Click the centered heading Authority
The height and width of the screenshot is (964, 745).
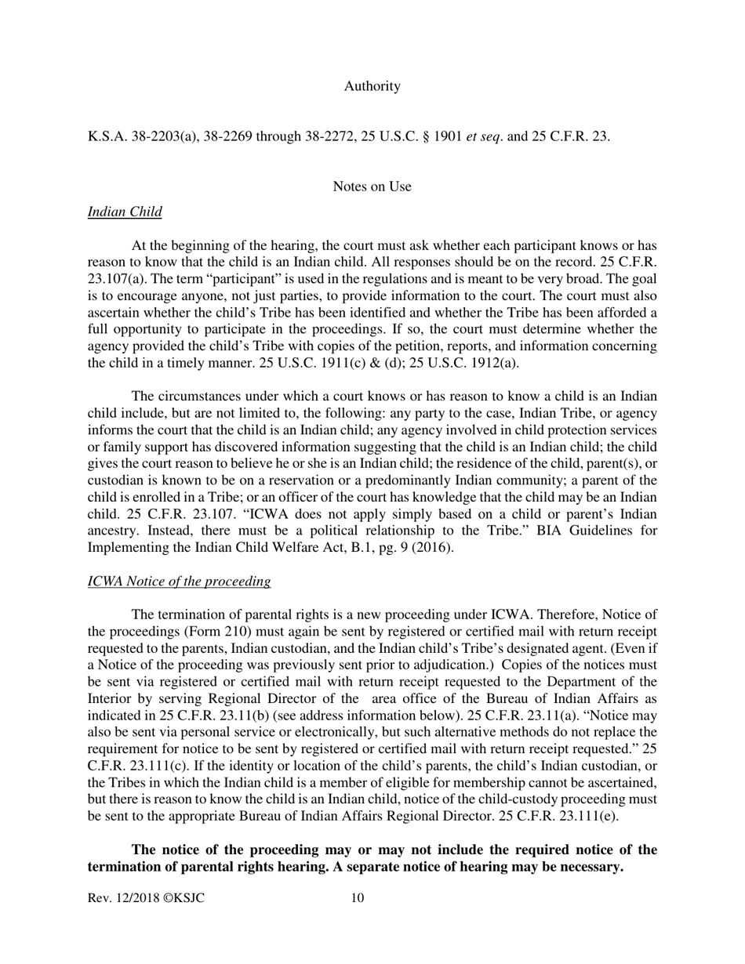click(372, 86)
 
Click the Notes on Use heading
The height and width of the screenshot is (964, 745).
click(372, 187)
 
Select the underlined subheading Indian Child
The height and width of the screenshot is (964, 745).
click(125, 212)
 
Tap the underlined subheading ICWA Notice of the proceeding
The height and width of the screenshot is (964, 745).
click(179, 581)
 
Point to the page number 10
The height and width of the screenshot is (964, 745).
click(357, 898)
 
